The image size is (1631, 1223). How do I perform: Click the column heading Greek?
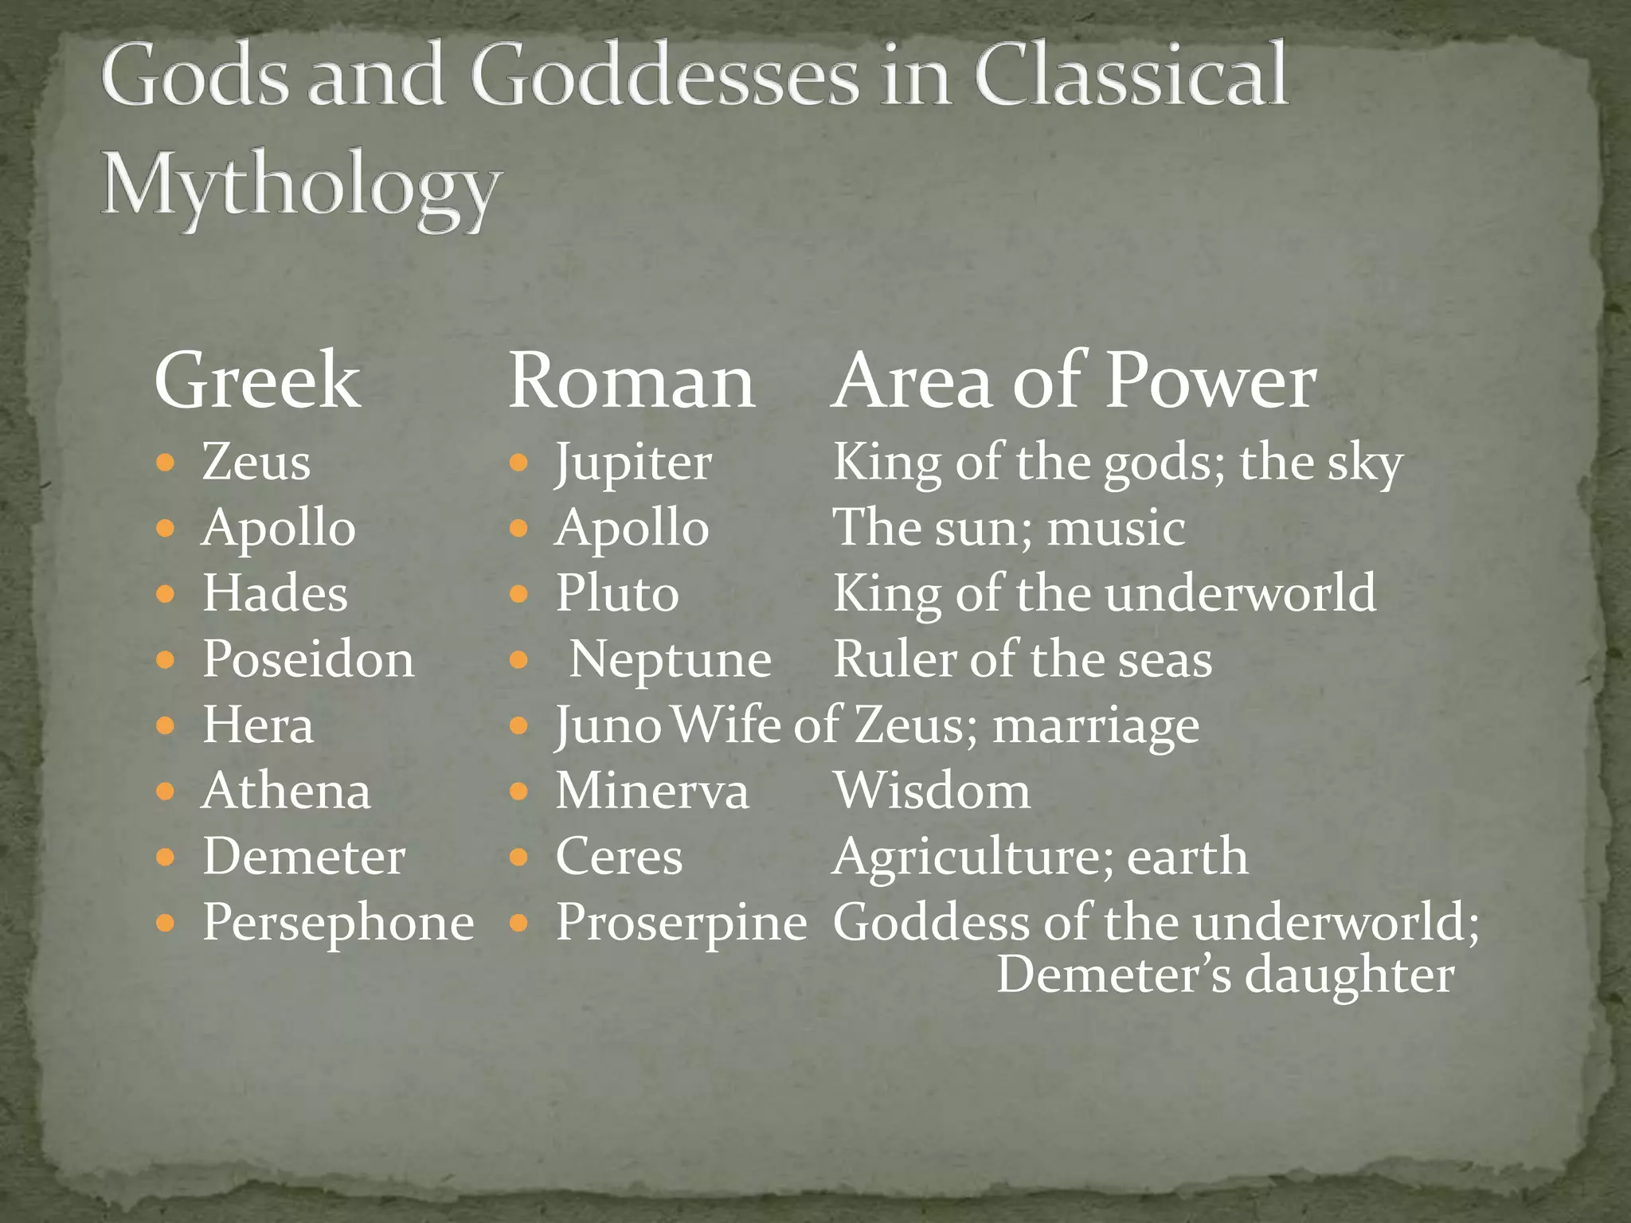point(256,381)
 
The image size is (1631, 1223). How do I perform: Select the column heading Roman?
point(632,381)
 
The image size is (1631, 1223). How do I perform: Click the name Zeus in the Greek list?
point(256,462)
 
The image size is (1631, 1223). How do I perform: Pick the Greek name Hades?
point(275,593)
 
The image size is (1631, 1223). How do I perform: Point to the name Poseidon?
point(308,659)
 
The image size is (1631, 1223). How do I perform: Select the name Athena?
point(287,791)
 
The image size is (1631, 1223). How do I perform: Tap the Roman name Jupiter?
point(633,462)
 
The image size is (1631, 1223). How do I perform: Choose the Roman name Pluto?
point(617,593)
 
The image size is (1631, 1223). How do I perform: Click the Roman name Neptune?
point(670,659)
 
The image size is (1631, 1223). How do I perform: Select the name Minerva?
point(652,791)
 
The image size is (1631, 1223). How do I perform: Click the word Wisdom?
point(932,791)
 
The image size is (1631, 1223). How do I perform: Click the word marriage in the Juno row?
point(1096,725)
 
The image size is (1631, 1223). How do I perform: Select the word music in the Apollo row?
point(1116,528)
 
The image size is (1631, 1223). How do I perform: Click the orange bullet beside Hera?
point(166,725)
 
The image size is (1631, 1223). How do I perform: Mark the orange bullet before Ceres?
point(518,857)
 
